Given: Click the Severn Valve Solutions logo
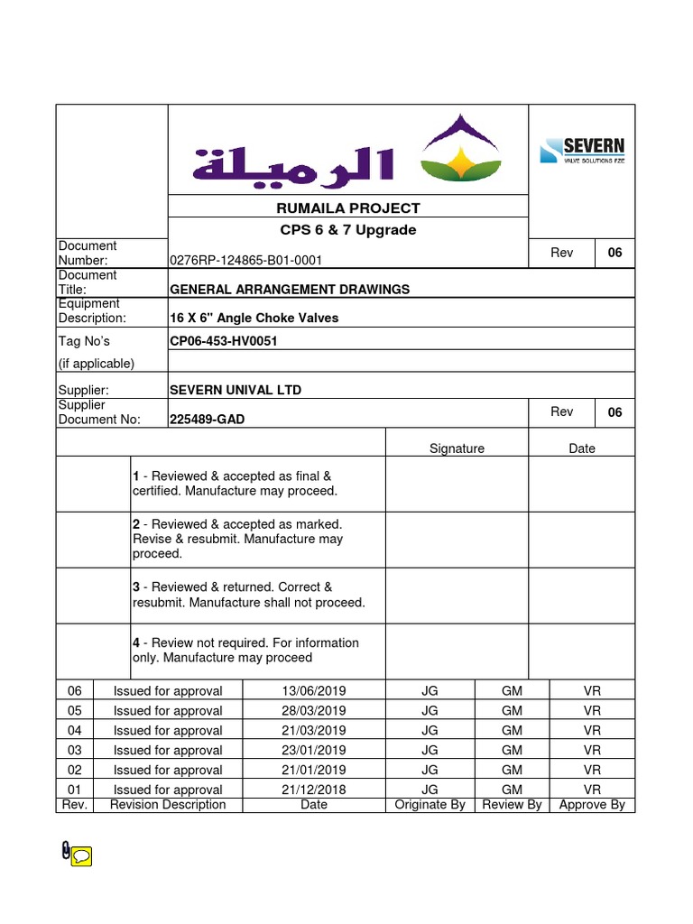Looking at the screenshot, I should (581, 151).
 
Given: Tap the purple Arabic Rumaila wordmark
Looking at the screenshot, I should (293, 164).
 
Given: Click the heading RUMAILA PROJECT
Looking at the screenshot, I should (347, 208).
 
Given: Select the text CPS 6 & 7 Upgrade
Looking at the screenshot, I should (347, 230).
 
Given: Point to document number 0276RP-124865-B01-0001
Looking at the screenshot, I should (246, 261).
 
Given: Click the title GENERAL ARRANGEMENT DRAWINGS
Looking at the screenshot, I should (290, 290).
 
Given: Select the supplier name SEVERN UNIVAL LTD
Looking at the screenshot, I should (236, 390).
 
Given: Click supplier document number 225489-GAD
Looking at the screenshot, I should (208, 420).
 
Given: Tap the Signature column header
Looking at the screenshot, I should (457, 448).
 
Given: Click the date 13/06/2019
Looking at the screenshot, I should (313, 691).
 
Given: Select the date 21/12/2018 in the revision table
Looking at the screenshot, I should (313, 790).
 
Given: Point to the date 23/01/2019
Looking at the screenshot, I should (313, 750).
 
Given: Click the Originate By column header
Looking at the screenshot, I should (430, 805).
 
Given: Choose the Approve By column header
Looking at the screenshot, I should (592, 805).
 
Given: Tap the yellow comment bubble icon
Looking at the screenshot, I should (81, 856).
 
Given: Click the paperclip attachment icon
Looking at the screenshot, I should (66, 851).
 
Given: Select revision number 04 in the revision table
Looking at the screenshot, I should (74, 731).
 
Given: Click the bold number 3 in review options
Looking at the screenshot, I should (136, 587).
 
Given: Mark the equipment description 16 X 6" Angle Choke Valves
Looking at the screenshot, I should (254, 319).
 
